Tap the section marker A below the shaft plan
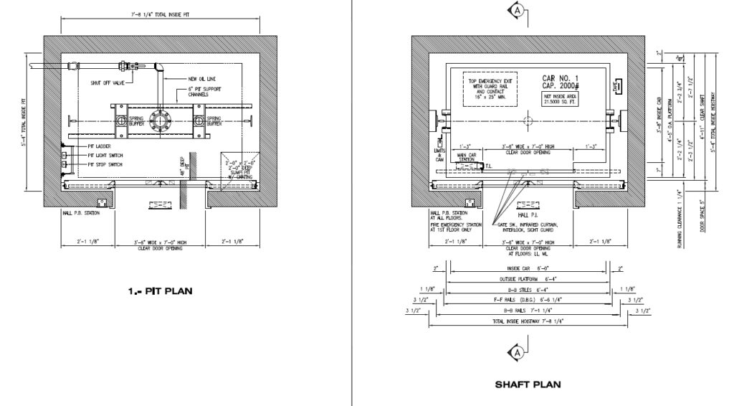(515, 351)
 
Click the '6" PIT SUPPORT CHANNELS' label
(204, 92)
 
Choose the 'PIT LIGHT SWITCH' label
(108, 155)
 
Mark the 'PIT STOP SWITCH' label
(108, 164)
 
